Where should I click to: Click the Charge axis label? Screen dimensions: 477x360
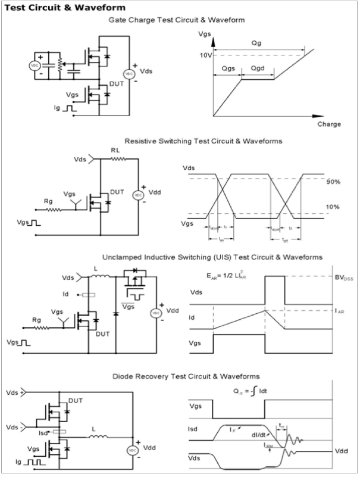(x=329, y=124)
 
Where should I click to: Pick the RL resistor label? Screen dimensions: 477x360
(x=115, y=151)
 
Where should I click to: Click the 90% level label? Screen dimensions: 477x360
(x=332, y=181)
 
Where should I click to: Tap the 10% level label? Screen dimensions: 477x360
(x=332, y=207)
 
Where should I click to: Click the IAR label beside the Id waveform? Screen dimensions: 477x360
(x=340, y=311)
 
